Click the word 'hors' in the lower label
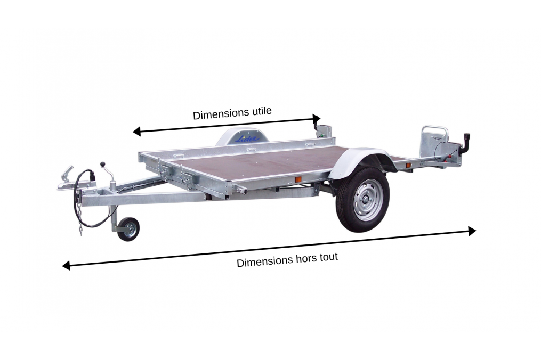tap(306, 259)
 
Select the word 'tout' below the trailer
tap(329, 257)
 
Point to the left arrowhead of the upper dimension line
tap(136, 132)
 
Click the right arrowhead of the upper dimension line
tap(317, 119)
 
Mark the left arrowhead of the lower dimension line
tap(66, 265)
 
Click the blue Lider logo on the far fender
tap(247, 138)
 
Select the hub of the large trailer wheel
tap(366, 199)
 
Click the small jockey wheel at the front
tap(128, 229)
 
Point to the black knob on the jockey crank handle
tap(102, 164)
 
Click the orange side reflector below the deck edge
tap(298, 179)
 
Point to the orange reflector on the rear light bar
tap(408, 166)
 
